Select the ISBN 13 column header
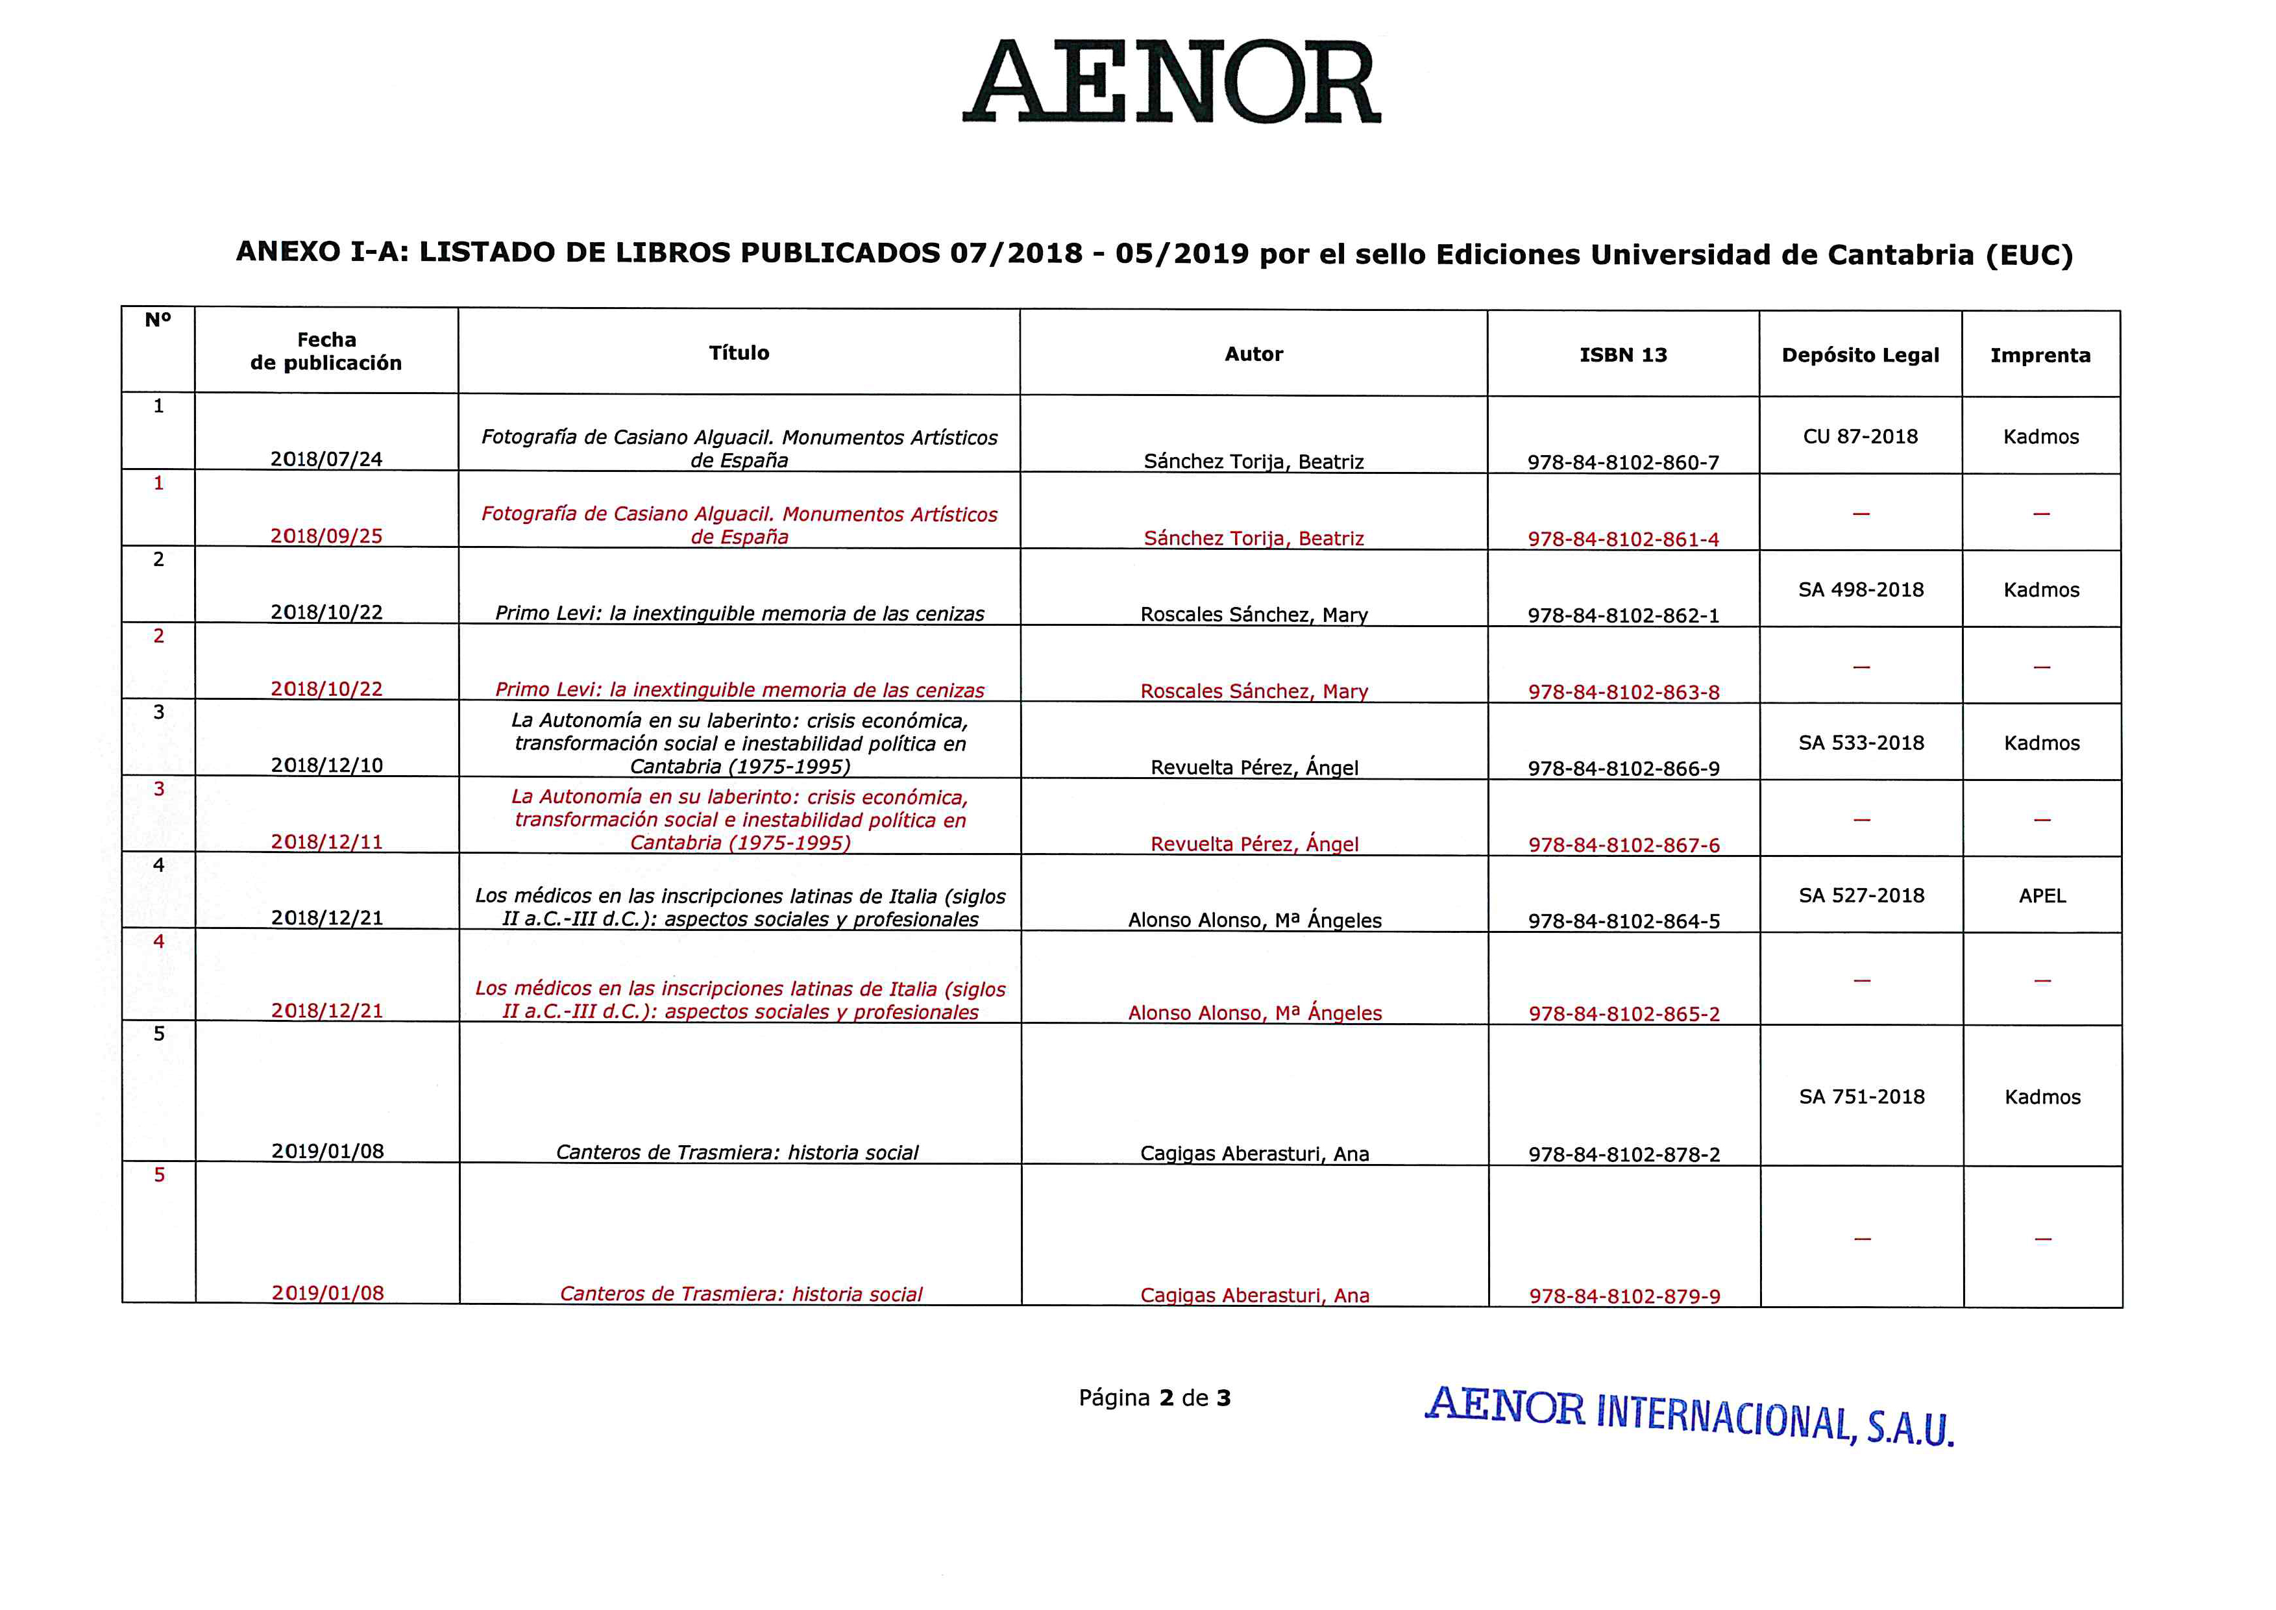(1622, 355)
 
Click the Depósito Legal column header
(1859, 355)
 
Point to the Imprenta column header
(2040, 355)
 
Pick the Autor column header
(1253, 354)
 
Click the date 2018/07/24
(326, 459)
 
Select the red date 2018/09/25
(326, 536)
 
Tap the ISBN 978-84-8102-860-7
(1622, 462)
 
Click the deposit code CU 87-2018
(1859, 436)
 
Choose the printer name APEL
(2042, 895)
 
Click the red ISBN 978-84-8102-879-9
(1624, 1296)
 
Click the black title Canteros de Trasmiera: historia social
(737, 1152)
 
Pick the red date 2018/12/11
(327, 842)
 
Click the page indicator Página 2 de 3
(1154, 1398)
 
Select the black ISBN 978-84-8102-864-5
(1624, 921)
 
